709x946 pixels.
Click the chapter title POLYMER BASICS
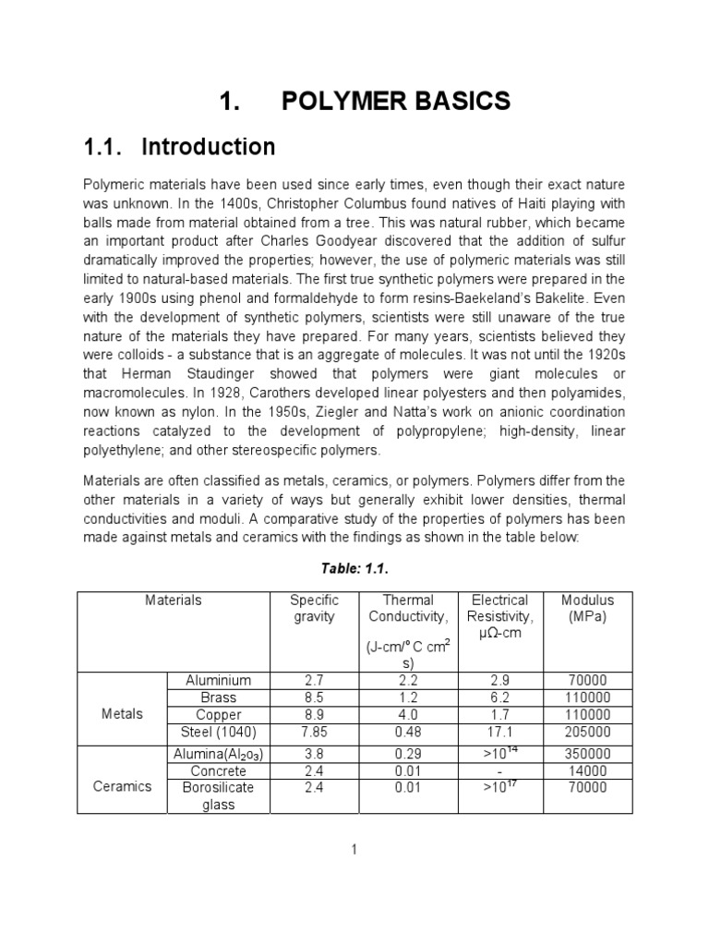point(395,102)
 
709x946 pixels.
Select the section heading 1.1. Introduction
point(179,147)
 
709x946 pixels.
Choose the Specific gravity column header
point(314,608)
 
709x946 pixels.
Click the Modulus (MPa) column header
point(587,608)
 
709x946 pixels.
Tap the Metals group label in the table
point(121,714)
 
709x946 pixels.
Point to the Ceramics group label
point(121,787)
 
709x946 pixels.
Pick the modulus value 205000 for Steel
point(587,733)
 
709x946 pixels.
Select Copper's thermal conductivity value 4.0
point(407,715)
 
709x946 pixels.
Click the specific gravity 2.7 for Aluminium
point(314,680)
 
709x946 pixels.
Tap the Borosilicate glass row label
point(219,795)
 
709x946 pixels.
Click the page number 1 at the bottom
point(354,851)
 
